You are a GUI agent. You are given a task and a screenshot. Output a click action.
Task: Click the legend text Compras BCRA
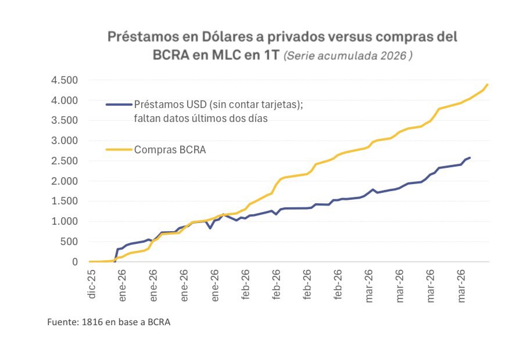[x=170, y=150]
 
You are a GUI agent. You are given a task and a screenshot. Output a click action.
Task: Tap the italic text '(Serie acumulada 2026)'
[x=349, y=57]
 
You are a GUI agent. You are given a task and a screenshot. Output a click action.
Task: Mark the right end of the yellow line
[x=488, y=84]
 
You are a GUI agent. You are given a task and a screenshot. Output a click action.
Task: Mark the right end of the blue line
[x=470, y=157]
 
